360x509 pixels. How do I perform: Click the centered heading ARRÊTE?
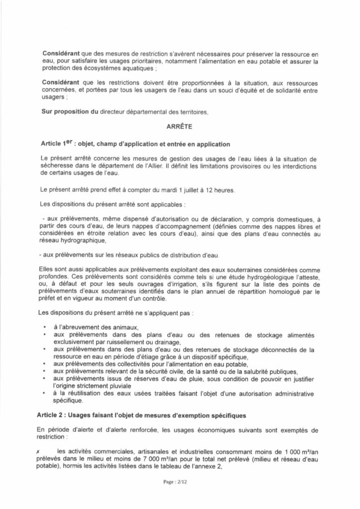point(180,126)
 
